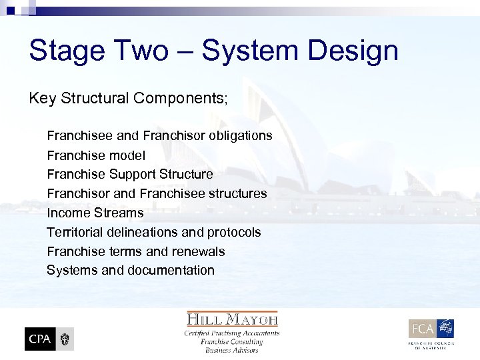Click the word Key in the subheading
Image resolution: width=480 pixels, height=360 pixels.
click(43, 99)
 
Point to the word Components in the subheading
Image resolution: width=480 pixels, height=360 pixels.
click(179, 99)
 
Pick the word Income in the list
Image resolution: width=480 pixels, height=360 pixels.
click(69, 213)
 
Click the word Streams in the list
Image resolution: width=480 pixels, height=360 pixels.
click(119, 213)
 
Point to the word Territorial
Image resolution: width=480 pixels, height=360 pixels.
click(74, 233)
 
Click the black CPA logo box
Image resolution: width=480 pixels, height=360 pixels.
click(40, 339)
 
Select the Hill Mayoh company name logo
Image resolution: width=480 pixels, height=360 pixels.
click(232, 319)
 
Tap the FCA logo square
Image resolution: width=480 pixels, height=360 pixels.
click(423, 329)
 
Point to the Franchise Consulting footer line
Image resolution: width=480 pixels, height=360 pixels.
click(232, 342)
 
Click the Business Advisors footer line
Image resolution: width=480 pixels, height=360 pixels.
click(232, 351)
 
